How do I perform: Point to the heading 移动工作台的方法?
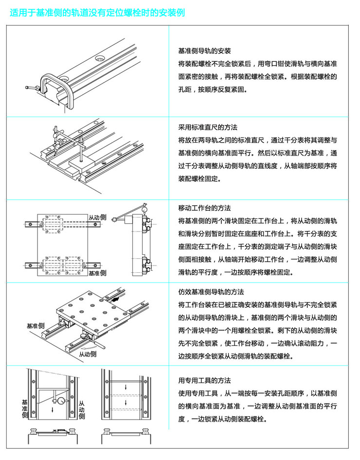pyautogui.click(x=204, y=208)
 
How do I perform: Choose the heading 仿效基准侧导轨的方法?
pyautogui.click(x=211, y=292)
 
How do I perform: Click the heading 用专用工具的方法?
pyautogui.click(x=204, y=380)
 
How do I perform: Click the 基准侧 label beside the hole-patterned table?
pyautogui.click(x=36, y=325)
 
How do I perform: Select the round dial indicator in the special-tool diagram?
pyautogui.click(x=59, y=402)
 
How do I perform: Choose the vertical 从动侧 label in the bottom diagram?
pyautogui.click(x=81, y=410)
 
